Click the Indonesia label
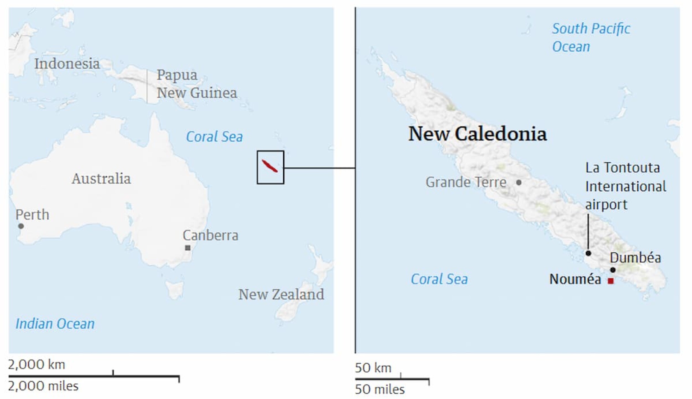pos(67,64)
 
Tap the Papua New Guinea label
pos(196,84)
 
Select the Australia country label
pos(101,178)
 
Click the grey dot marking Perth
pos(21,226)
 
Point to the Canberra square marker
pos(188,248)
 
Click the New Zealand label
pos(281,294)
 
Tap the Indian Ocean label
pos(55,324)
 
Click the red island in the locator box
pos(269,166)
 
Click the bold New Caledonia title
pos(478,134)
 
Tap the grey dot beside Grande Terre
pos(519,183)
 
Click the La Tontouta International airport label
pos(625,186)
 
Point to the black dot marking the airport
pos(588,253)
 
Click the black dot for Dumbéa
pos(613,270)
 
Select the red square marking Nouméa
pos(611,281)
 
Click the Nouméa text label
pos(575,279)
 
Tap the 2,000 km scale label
pos(37,365)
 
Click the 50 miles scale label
pos(380,390)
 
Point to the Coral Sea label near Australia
pos(214,137)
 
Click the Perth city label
pos(32,215)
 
